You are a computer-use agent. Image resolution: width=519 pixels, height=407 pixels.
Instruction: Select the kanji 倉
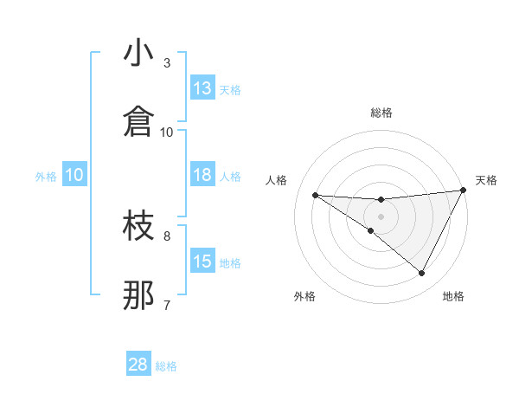point(139,122)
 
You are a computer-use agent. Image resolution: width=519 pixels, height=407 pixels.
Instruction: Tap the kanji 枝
point(139,226)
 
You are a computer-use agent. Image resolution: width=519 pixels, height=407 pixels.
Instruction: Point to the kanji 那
point(139,295)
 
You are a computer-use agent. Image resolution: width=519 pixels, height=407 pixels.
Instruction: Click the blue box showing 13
point(202,88)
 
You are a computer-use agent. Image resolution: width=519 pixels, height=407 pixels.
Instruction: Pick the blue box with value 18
point(202,175)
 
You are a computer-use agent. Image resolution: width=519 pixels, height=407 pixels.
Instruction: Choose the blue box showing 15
point(202,262)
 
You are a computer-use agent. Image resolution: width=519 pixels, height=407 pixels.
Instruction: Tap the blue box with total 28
point(138,365)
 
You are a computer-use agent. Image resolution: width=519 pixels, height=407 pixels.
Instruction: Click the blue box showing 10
point(74,175)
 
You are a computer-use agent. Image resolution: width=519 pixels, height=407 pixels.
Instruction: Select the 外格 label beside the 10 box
point(46,176)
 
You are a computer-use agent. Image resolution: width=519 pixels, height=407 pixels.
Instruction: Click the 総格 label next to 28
point(166,366)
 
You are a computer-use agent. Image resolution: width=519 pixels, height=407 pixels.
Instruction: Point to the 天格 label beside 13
point(230,89)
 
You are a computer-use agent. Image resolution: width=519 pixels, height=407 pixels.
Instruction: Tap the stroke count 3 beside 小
point(167,62)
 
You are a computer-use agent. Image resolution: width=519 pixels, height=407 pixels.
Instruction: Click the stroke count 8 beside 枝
point(167,235)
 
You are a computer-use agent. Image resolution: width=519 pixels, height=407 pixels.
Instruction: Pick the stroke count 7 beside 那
point(167,304)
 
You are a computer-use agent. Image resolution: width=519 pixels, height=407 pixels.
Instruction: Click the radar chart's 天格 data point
point(464,191)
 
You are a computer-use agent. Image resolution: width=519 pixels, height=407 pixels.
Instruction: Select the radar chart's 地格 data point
point(422,274)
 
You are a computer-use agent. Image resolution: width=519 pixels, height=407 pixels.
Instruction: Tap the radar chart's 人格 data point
point(315,195)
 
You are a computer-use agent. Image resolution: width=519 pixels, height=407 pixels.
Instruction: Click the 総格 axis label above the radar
point(381,113)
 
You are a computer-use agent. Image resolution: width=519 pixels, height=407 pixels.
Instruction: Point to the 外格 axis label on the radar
point(304,296)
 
